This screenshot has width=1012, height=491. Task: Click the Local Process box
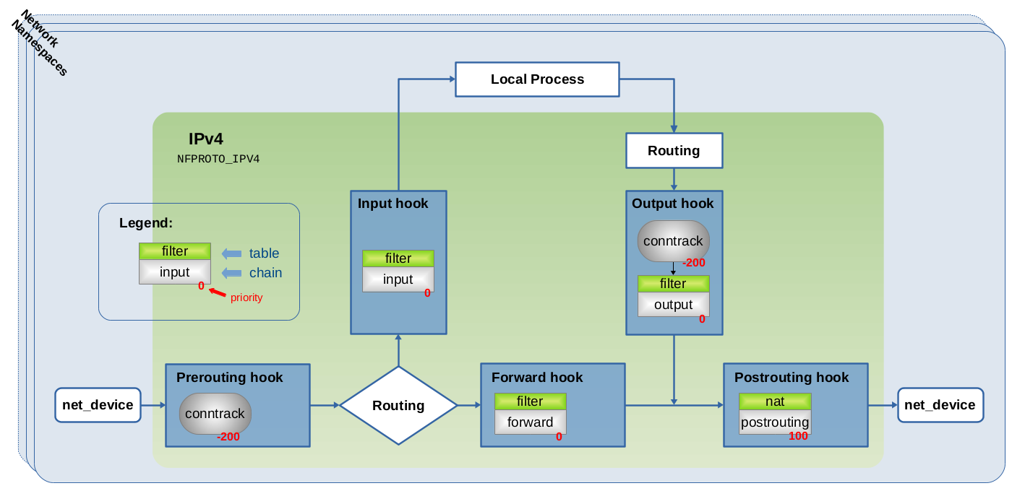[x=537, y=79]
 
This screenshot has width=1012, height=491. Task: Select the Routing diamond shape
[x=398, y=405]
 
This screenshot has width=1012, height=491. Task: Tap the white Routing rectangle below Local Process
[x=674, y=151]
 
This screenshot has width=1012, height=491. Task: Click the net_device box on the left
[x=98, y=405]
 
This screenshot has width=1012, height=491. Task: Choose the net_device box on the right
[x=940, y=405]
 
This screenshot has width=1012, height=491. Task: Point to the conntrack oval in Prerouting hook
[x=215, y=413]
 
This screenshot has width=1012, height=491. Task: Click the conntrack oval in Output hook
[x=673, y=241]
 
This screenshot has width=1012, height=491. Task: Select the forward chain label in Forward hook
[x=531, y=422]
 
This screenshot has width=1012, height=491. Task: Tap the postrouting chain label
[x=775, y=422]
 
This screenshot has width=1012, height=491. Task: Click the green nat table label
[x=775, y=401]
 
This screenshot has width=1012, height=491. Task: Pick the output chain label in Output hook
[x=673, y=305]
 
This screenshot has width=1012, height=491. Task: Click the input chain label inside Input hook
[x=398, y=279]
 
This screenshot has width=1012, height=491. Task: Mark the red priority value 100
[x=798, y=436]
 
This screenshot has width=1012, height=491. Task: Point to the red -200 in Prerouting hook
[x=228, y=437]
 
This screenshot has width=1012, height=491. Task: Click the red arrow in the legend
[x=218, y=293]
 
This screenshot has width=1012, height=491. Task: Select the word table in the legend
[x=265, y=253]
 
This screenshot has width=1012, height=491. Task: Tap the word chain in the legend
[x=266, y=273]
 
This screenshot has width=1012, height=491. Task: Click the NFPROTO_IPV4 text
[x=218, y=159]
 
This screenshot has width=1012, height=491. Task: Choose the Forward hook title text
[x=537, y=377]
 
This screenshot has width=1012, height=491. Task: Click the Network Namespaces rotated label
[x=40, y=43]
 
